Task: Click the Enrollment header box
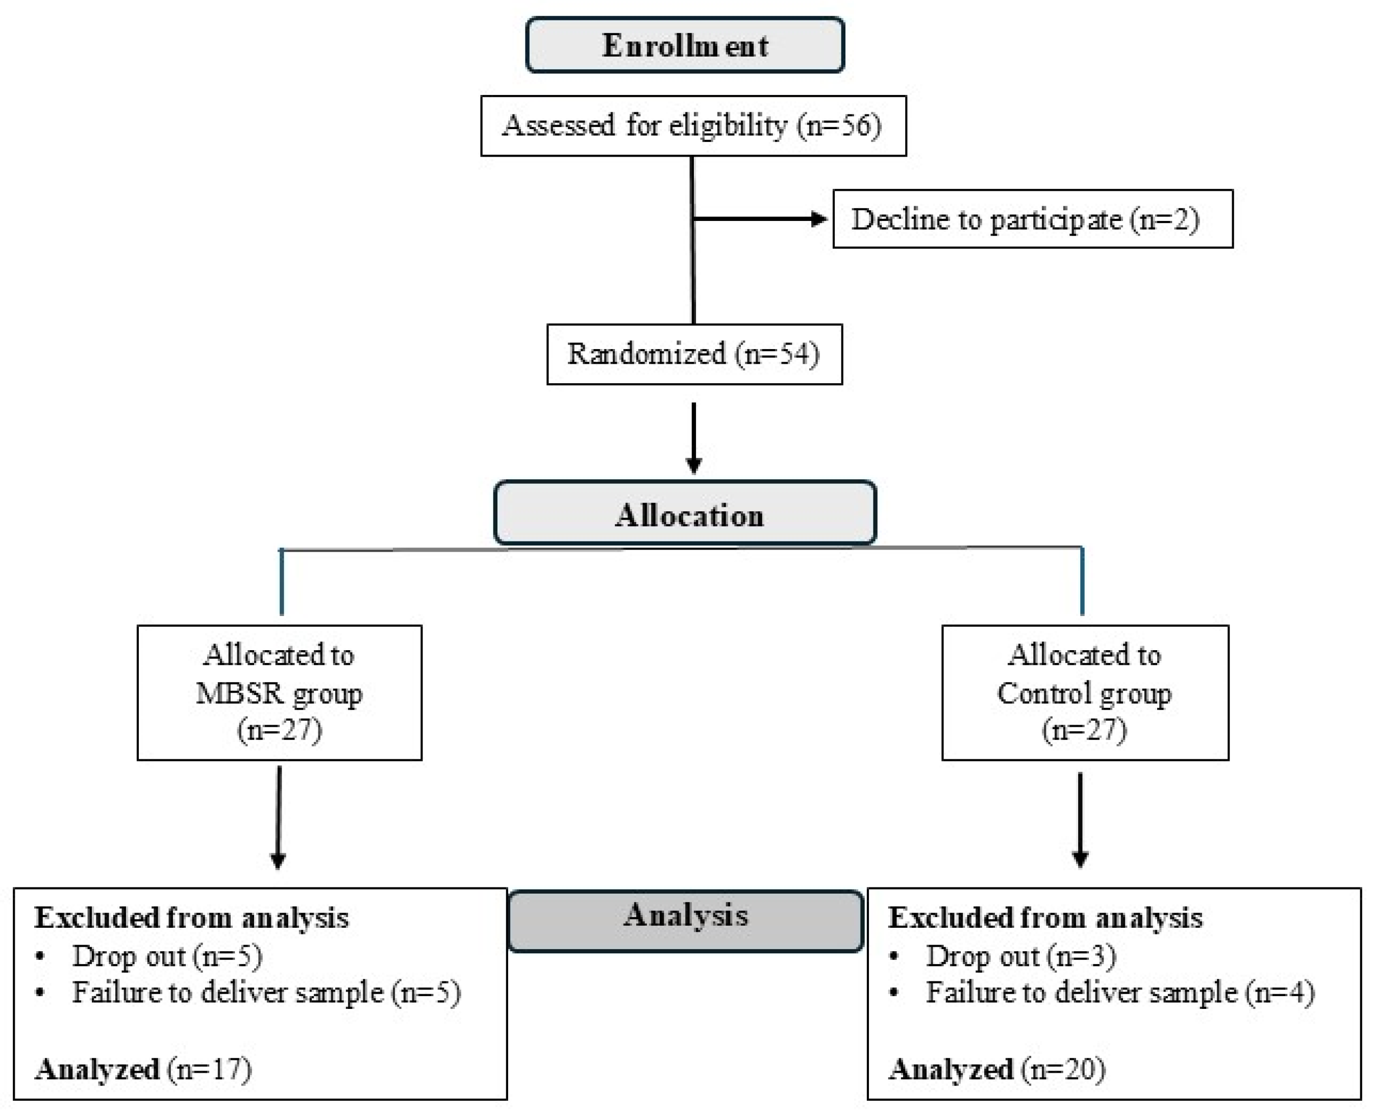coord(685,45)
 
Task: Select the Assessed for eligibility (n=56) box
coord(693,126)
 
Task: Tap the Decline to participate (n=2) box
coord(1032,219)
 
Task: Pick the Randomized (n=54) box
coord(693,354)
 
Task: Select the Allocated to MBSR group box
coord(279,693)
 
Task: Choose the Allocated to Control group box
coord(1084,693)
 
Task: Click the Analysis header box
coord(685,920)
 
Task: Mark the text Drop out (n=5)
coord(166,956)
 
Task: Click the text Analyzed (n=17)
coord(143,1069)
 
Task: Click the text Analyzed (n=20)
coord(996,1069)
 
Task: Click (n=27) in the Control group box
coord(1084,730)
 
